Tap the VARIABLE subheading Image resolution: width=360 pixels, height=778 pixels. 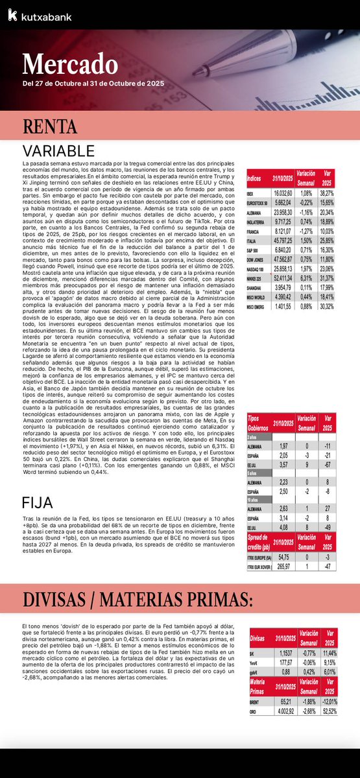[x=58, y=150]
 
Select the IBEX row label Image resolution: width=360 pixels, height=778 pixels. [x=250, y=193]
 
